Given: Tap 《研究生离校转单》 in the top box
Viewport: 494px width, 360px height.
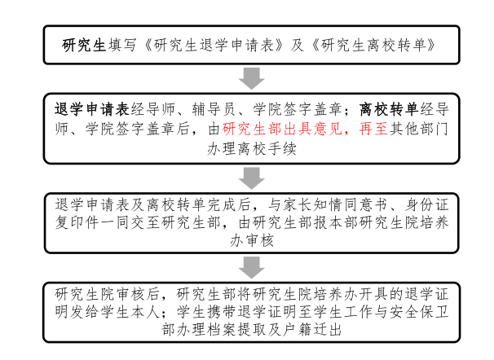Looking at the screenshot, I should [370, 45].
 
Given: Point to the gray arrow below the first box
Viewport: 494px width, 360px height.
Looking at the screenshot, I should [252, 78].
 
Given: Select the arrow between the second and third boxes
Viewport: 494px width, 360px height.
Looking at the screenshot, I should [252, 177].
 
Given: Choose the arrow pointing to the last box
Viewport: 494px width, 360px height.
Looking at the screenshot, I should [252, 267].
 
